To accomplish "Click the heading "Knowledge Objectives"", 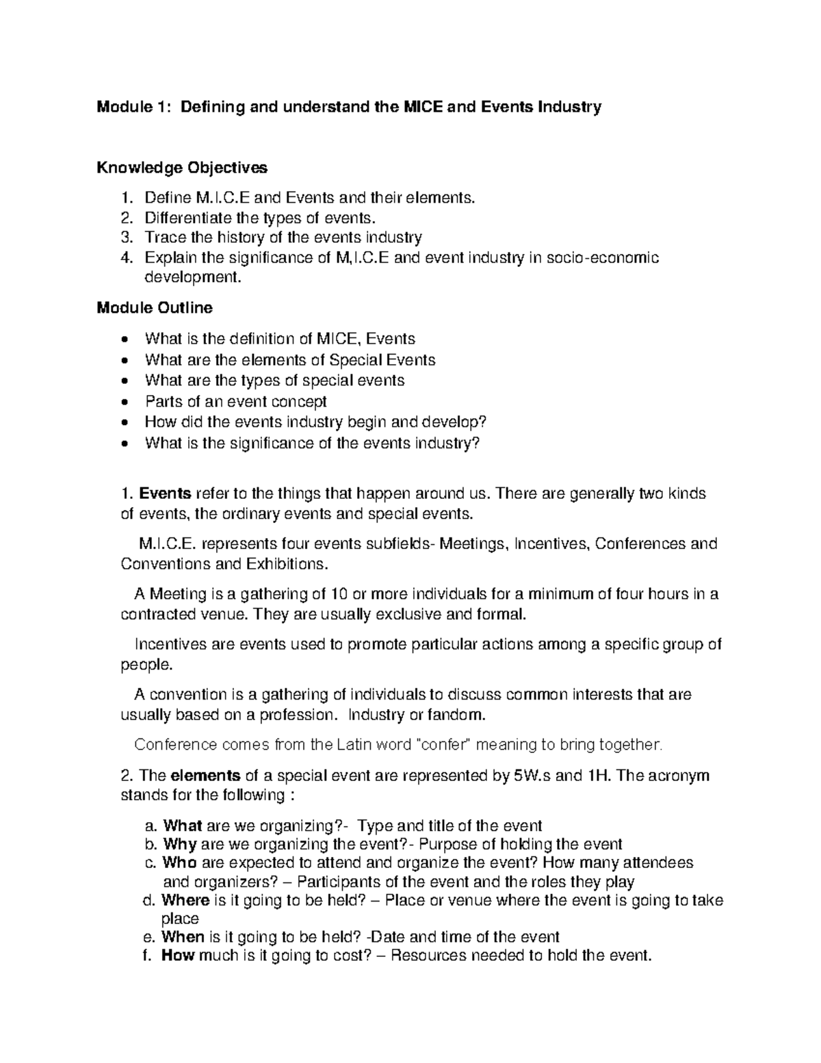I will pyautogui.click(x=182, y=168).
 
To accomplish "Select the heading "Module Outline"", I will pyautogui.click(x=155, y=308).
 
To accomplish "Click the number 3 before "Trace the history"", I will pyautogui.click(x=125, y=238).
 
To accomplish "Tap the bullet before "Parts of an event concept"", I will pyautogui.click(x=123, y=402).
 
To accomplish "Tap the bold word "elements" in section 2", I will pyautogui.click(x=205, y=776).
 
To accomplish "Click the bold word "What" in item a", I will pyautogui.click(x=182, y=825).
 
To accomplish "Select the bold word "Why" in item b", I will pyautogui.click(x=180, y=844).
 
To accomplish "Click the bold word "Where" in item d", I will pyautogui.click(x=185, y=900).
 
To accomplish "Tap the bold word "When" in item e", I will pyautogui.click(x=183, y=936).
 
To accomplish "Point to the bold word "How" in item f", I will pyautogui.click(x=178, y=956).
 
